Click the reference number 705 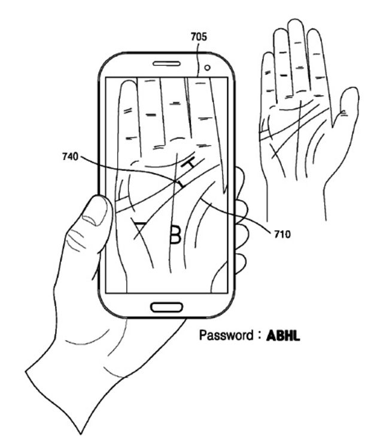[x=199, y=37]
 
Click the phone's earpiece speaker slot [x=166, y=63]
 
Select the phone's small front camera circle [x=207, y=68]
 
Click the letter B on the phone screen [x=174, y=234]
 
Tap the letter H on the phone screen [x=189, y=163]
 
